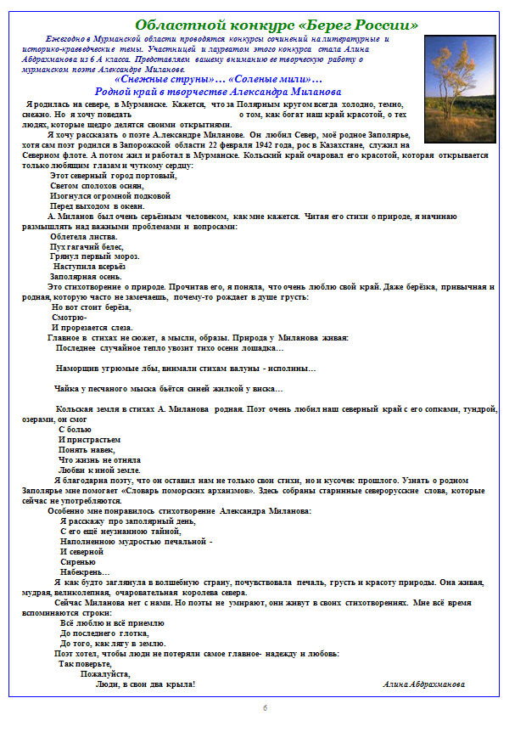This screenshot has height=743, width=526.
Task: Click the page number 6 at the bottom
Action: (264, 708)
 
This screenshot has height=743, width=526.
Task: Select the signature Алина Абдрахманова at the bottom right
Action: (423, 684)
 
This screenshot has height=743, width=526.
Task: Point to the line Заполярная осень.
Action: (86, 277)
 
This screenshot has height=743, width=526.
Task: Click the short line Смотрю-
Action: (69, 317)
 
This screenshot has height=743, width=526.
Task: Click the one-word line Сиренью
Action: (76, 562)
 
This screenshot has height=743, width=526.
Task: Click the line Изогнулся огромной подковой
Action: (104, 195)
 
